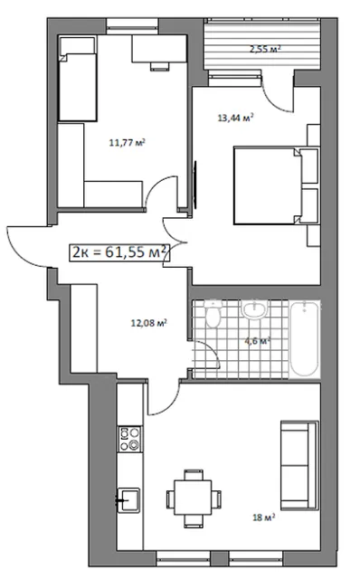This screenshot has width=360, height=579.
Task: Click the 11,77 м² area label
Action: click(x=127, y=142)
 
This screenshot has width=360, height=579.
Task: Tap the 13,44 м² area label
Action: click(x=235, y=118)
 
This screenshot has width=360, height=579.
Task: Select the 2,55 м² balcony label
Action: click(x=265, y=49)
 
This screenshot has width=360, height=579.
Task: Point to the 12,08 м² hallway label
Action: click(x=149, y=323)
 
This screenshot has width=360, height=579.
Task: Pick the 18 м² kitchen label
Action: click(x=263, y=517)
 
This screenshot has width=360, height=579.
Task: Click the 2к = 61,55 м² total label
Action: click(x=119, y=252)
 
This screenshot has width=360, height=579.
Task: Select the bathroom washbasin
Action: click(x=254, y=308)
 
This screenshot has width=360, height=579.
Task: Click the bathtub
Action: click(x=304, y=338)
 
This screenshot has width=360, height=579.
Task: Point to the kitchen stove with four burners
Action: click(x=129, y=439)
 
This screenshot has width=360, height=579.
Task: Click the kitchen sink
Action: click(x=128, y=500)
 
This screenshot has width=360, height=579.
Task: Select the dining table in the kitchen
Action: click(x=193, y=498)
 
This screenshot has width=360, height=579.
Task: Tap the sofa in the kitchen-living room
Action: click(x=299, y=465)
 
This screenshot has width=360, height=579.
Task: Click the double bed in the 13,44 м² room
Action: click(x=276, y=185)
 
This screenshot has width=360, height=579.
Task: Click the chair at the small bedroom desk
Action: click(x=159, y=66)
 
